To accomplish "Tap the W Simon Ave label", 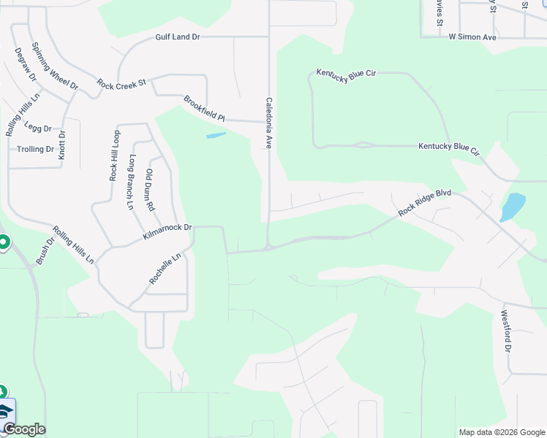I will [x=472, y=36].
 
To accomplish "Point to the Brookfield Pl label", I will [x=204, y=108].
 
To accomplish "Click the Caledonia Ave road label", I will [x=268, y=123].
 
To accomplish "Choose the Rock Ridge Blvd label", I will [x=425, y=203].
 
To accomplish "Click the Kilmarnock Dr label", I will [x=167, y=233].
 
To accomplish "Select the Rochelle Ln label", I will [x=165, y=269].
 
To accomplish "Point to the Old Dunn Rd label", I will [x=150, y=190].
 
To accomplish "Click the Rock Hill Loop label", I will [x=114, y=155].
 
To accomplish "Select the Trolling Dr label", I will [x=36, y=149].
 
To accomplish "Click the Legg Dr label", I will [x=38, y=127].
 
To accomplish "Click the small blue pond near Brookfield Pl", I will [x=216, y=135].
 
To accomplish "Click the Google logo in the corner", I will [x=24, y=429].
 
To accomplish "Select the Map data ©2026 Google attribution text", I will [x=501, y=432].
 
